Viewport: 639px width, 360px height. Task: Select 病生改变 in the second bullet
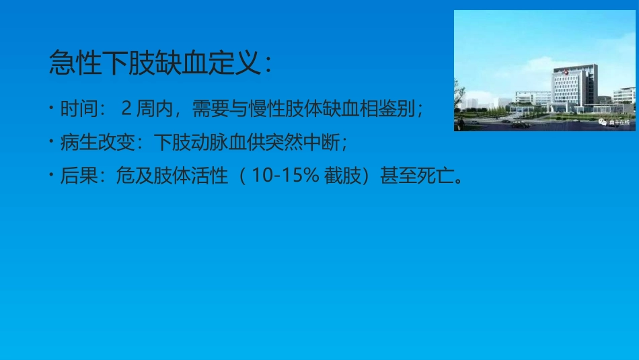[100, 143]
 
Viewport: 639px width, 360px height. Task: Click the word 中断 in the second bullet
[326, 143]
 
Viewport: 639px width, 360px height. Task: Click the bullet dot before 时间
[52, 108]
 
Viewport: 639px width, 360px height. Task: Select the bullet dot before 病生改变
[52, 142]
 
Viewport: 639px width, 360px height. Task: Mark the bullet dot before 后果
[52, 176]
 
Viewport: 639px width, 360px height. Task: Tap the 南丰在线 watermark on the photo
[615, 122]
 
